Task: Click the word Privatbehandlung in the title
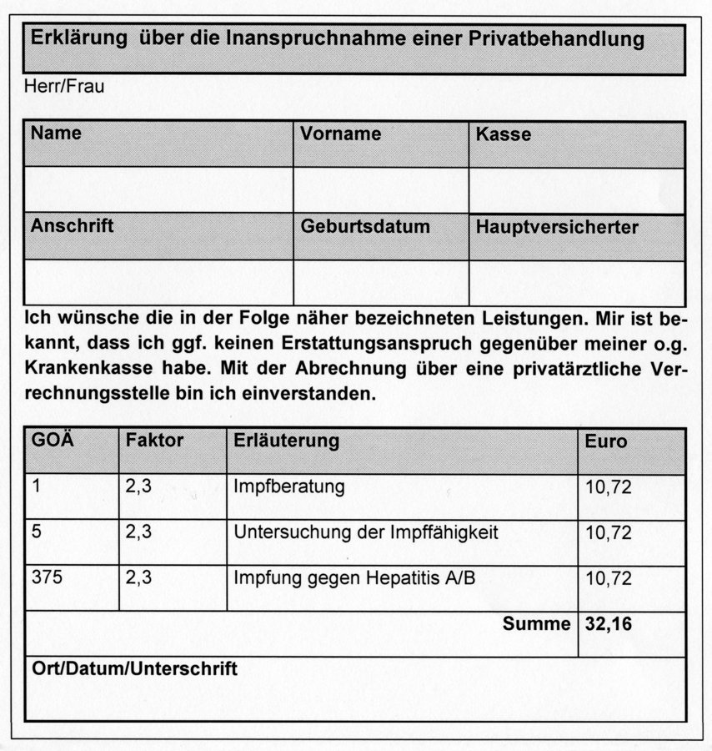point(563,38)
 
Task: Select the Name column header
point(57,133)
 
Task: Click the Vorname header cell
point(341,134)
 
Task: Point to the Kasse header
point(503,134)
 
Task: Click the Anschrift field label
point(73,225)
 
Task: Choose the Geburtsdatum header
point(366,226)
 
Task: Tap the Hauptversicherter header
point(557,227)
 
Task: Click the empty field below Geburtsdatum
point(380,281)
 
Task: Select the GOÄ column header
point(53,441)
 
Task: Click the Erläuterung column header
point(287,441)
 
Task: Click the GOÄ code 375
point(48,577)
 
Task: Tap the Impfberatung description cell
point(289,487)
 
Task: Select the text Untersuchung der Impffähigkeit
point(366,532)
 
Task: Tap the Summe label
point(537,623)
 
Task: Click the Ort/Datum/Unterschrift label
point(133,669)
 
